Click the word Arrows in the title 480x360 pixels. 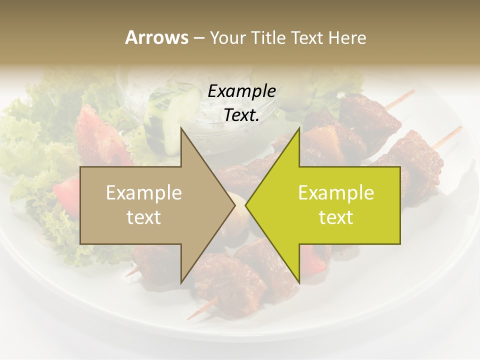tap(156, 37)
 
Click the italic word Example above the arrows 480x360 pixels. tap(241, 91)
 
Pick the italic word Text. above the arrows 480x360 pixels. tap(241, 115)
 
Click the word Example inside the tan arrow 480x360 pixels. tap(144, 192)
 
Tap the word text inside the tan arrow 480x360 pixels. tap(144, 217)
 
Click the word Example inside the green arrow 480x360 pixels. tap(336, 192)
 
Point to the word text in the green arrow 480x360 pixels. tap(336, 217)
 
